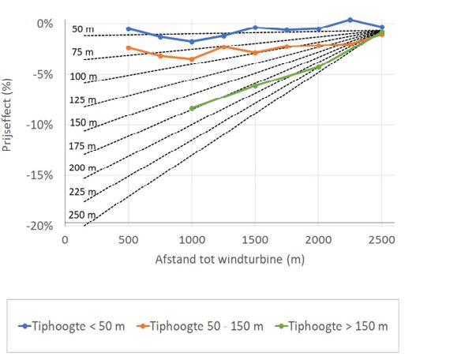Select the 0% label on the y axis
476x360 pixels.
click(x=44, y=24)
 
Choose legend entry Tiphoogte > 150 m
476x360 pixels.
click(x=332, y=325)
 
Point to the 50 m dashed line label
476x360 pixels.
click(x=82, y=29)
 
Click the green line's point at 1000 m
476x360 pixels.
click(x=192, y=108)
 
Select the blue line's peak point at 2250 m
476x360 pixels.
click(x=350, y=20)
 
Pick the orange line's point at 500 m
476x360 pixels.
click(x=129, y=48)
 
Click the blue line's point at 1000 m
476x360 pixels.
click(x=192, y=41)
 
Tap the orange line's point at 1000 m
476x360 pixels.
click(x=192, y=59)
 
